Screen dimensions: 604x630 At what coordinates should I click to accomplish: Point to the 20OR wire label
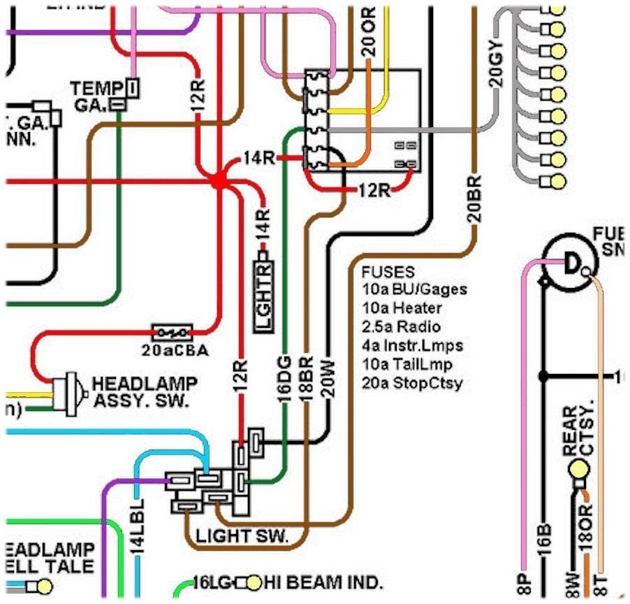coord(368,31)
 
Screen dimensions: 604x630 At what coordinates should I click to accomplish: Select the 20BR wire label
coord(475,203)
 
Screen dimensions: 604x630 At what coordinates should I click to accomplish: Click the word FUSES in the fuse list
coord(388,272)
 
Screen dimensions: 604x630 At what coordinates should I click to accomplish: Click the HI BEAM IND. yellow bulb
coord(253,582)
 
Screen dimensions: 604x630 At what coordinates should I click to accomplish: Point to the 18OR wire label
coord(587,524)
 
